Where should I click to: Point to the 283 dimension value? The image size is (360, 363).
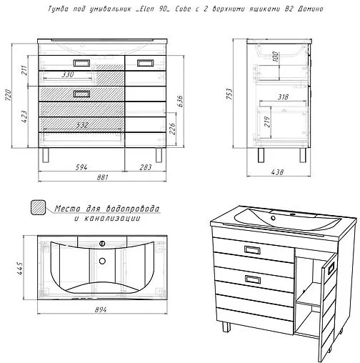[x=146, y=167]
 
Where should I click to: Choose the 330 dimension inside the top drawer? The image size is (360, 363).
[x=68, y=74]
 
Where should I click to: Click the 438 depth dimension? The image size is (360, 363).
[x=278, y=172]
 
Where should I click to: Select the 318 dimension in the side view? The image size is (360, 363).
[x=284, y=96]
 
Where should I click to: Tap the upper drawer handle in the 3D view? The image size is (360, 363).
[x=252, y=250]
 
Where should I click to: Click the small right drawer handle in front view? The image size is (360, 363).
[x=146, y=63]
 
